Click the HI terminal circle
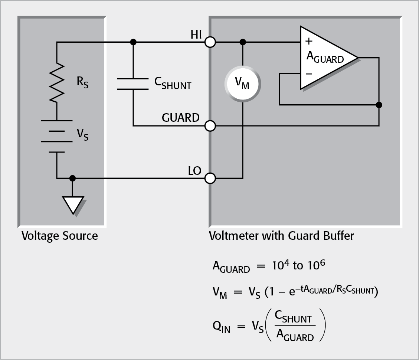(x=210, y=42)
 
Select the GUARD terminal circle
(x=210, y=126)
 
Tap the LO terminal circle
(x=210, y=179)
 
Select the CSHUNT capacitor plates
(x=133, y=84)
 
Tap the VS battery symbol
(x=57, y=136)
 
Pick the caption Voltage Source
(x=60, y=236)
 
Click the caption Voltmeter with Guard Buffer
(x=281, y=236)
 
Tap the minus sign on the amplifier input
(x=309, y=73)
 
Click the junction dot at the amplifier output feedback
(x=379, y=105)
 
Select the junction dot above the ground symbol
(x=72, y=179)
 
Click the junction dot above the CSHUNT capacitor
(x=133, y=42)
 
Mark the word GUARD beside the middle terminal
(x=180, y=118)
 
